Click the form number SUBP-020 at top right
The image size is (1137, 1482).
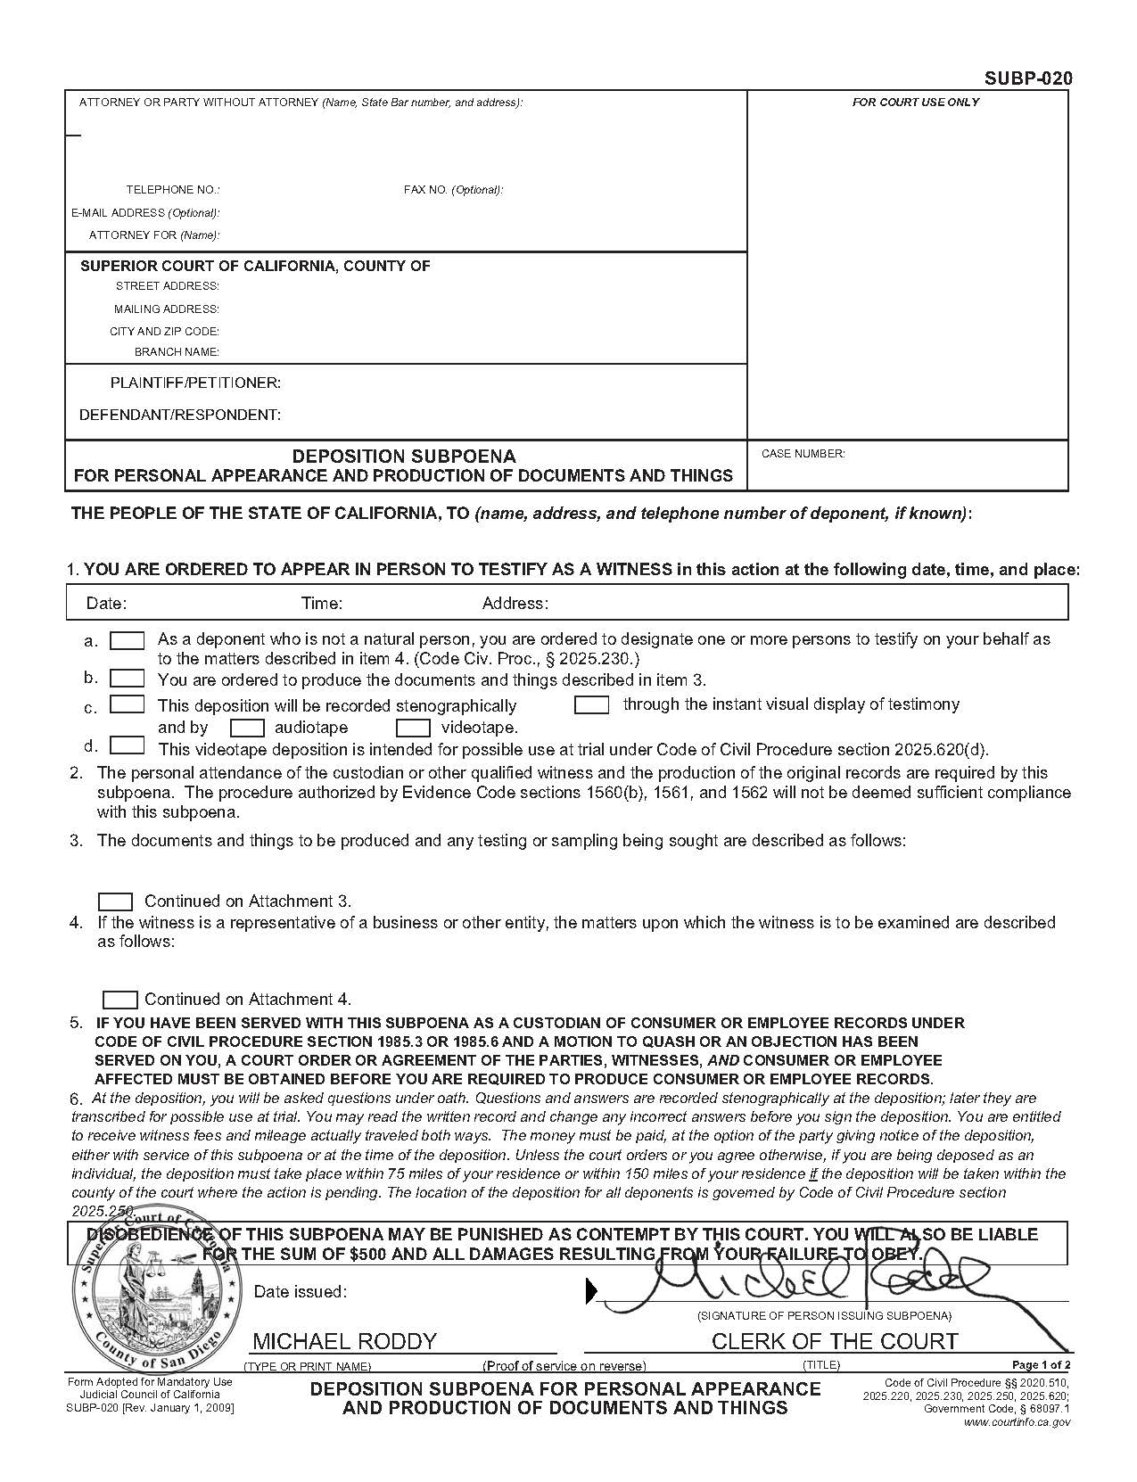click(x=1027, y=78)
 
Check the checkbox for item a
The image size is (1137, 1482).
click(x=127, y=640)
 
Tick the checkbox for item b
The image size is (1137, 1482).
click(x=127, y=679)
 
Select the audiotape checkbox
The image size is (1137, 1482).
click(x=247, y=728)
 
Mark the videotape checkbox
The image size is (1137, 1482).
click(x=413, y=728)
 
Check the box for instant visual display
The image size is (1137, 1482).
click(x=591, y=705)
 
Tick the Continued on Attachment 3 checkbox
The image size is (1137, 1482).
click(x=115, y=902)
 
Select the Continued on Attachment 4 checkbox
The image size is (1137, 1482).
click(x=120, y=1000)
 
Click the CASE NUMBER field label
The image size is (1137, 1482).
click(x=803, y=454)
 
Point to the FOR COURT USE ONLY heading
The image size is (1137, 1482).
click(x=915, y=103)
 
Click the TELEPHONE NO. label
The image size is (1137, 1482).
click(x=172, y=190)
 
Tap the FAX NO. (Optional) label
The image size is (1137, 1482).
click(x=453, y=190)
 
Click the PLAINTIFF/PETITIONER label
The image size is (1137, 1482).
click(x=195, y=383)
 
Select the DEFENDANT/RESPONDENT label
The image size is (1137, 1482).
click(x=180, y=416)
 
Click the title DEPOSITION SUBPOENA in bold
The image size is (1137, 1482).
click(x=404, y=457)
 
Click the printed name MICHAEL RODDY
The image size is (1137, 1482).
click(x=344, y=1341)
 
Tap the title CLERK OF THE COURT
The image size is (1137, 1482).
click(x=834, y=1341)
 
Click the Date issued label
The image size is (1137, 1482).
click(x=301, y=1292)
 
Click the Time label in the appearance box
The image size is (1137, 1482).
click(x=322, y=604)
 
